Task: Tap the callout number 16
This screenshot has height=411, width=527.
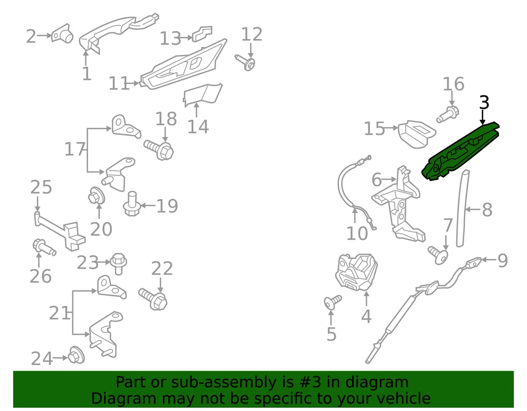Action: (453, 84)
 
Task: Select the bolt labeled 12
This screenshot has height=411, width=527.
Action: (246, 63)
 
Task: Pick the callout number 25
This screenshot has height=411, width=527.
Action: (41, 187)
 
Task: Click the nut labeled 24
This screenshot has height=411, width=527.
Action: (76, 355)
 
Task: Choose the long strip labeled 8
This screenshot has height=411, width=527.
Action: (462, 208)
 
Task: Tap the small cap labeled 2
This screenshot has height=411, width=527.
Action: (62, 34)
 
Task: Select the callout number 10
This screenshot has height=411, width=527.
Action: (357, 233)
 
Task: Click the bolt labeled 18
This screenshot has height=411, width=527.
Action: (159, 149)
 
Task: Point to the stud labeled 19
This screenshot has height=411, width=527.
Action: (131, 204)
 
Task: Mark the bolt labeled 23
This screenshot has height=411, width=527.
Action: (118, 263)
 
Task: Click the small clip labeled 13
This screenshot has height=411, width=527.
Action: (202, 34)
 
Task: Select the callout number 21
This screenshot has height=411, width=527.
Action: (60, 313)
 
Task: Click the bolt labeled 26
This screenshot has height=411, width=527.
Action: (44, 248)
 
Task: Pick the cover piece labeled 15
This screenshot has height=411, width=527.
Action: (417, 134)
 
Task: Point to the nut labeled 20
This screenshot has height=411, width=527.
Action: (96, 196)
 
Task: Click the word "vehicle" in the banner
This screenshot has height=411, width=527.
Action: (404, 398)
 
